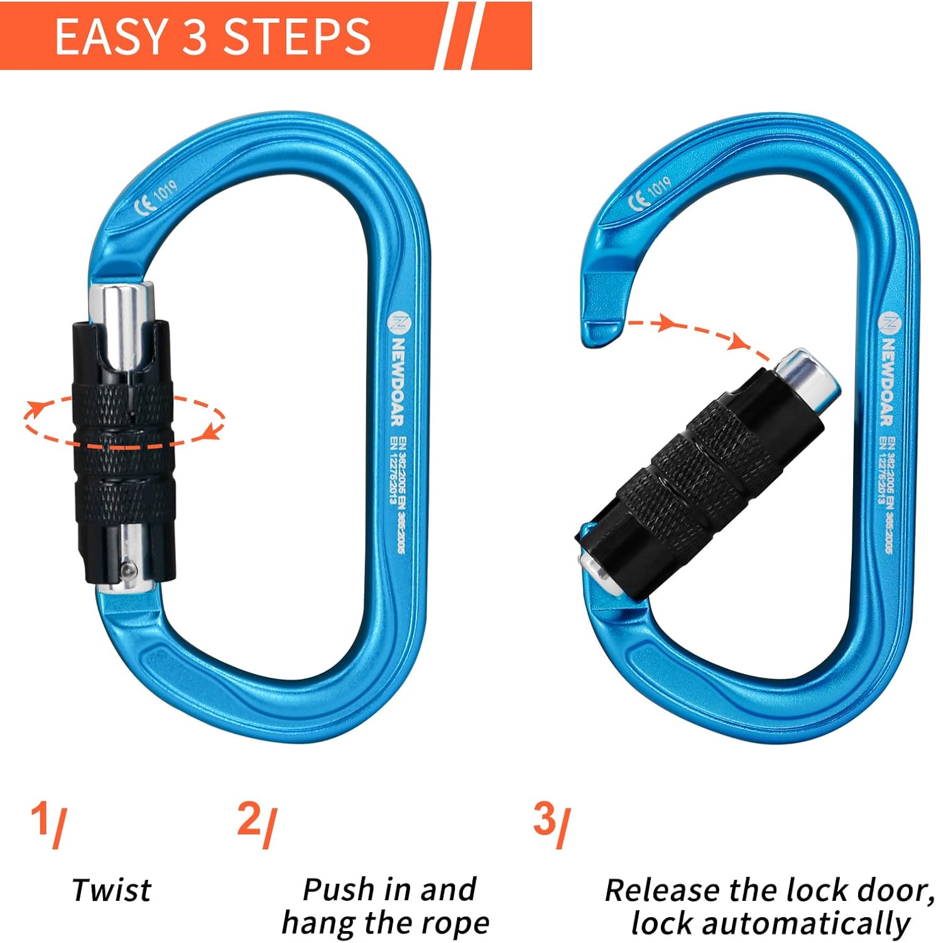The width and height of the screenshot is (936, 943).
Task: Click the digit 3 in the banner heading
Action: tap(195, 37)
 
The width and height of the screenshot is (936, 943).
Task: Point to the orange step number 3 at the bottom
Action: tap(545, 820)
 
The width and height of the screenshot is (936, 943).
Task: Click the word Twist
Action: tap(111, 890)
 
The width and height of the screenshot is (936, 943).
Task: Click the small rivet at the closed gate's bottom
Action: tap(129, 569)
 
